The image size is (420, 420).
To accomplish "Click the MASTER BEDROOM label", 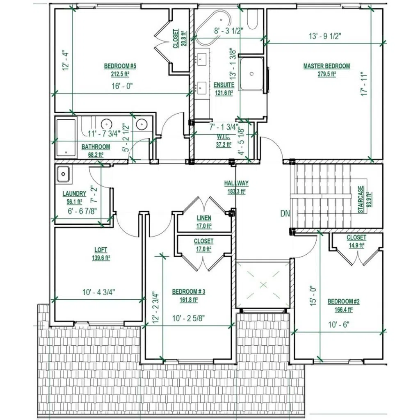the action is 326,66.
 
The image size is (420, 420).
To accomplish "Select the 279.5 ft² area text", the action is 327,74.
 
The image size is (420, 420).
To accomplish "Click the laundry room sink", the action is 63,174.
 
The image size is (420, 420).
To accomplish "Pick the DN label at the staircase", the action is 285,213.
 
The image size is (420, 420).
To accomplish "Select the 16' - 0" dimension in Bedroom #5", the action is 122,86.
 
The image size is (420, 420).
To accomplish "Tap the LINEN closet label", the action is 204,218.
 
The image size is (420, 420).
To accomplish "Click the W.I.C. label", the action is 224,137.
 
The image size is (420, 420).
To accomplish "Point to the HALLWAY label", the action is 236,183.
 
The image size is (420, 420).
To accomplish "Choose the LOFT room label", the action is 101,250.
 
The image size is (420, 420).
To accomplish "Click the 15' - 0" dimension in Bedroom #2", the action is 313,296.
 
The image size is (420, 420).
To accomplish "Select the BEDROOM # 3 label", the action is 189,292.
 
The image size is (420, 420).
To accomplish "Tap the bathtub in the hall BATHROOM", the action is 66,137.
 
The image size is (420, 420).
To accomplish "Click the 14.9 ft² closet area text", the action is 356,245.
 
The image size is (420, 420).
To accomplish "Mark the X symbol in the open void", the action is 264,285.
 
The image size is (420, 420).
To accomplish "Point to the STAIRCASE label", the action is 361,200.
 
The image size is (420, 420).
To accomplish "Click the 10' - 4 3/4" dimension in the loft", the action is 99,292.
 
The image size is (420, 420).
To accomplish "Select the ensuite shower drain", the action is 251,74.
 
